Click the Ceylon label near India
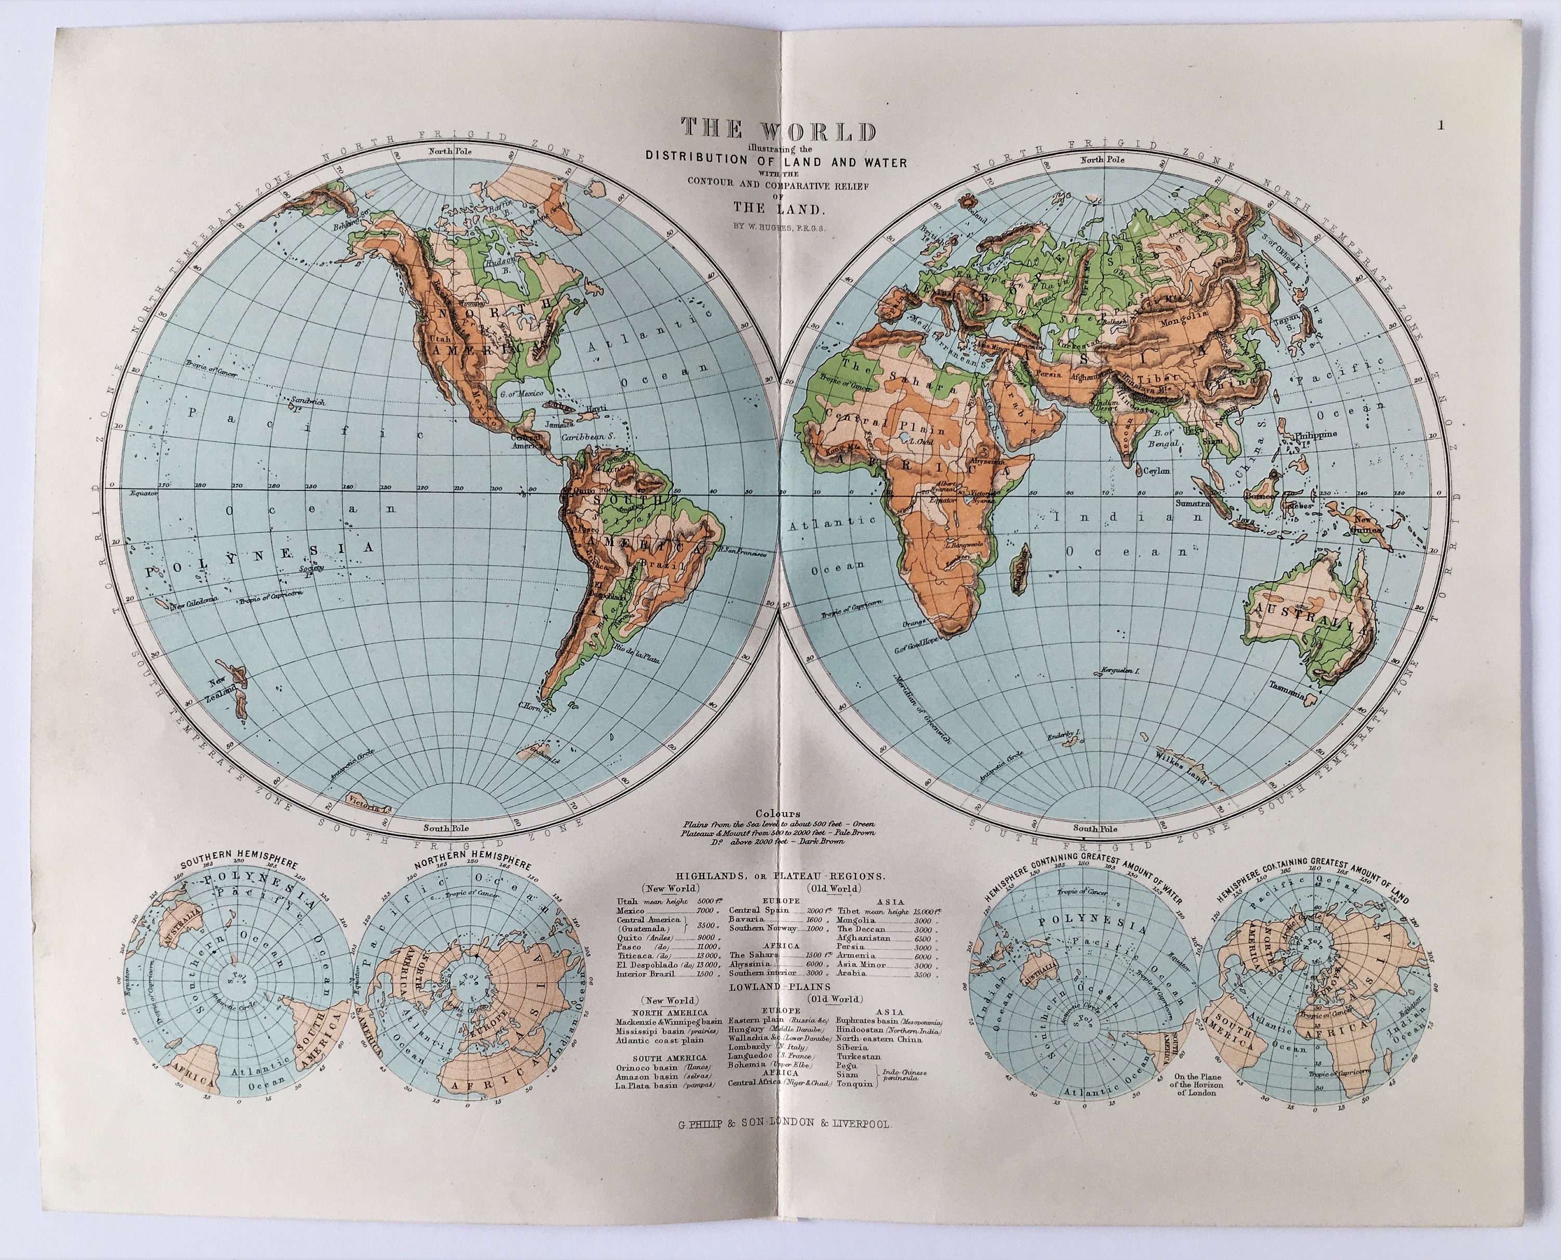[x=1157, y=471]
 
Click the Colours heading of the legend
[x=777, y=814]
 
